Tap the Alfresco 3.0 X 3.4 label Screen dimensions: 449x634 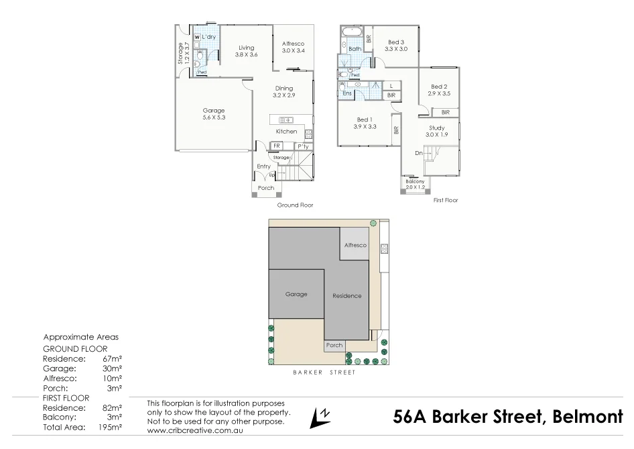click(293, 47)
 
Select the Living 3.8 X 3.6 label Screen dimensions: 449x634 click(246, 51)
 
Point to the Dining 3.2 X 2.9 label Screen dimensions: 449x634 click(283, 92)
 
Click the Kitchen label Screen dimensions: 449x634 click(286, 132)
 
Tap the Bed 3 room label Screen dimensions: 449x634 click(395, 46)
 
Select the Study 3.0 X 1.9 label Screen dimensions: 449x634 click(436, 131)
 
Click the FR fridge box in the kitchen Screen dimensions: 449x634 click(276, 146)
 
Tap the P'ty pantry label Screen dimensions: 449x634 click(302, 146)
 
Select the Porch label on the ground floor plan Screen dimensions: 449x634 click(266, 188)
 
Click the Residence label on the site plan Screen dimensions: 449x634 click(346, 296)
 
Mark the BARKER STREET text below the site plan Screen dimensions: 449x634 click(324, 371)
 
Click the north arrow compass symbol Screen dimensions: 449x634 click(320, 417)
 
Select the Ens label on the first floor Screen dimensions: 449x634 click(346, 93)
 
